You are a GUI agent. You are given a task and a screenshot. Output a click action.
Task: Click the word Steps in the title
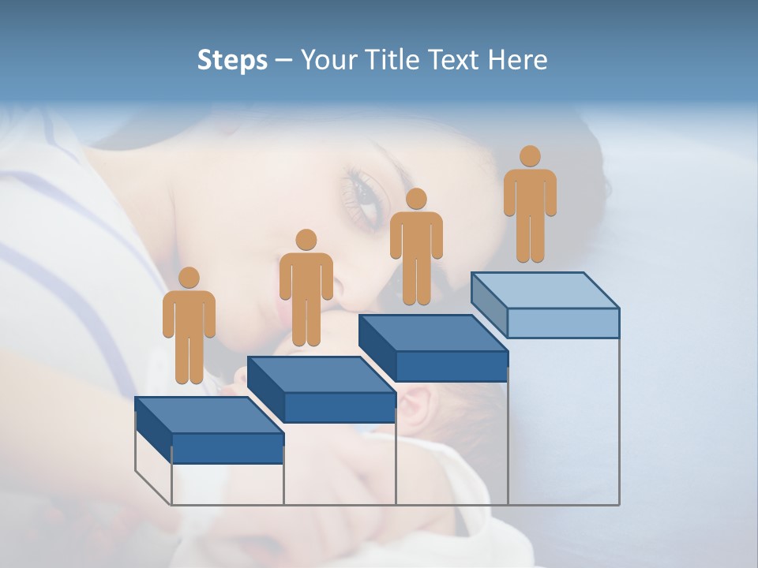pyautogui.click(x=232, y=61)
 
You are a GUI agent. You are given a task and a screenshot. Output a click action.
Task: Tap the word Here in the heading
pyautogui.click(x=517, y=61)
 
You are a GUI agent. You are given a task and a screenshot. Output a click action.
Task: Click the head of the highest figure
pyautogui.click(x=530, y=156)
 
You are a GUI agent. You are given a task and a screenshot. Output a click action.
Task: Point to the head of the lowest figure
pyautogui.click(x=189, y=278)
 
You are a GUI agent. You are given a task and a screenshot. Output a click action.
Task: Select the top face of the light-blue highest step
pyautogui.click(x=545, y=290)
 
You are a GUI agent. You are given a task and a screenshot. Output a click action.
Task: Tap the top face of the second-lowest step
pyautogui.click(x=321, y=374)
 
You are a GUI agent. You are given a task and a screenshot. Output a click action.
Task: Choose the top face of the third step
pyautogui.click(x=433, y=332)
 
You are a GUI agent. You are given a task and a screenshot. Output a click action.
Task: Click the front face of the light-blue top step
pyautogui.click(x=563, y=323)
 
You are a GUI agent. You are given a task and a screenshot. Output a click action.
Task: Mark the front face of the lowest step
pyautogui.click(x=227, y=448)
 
